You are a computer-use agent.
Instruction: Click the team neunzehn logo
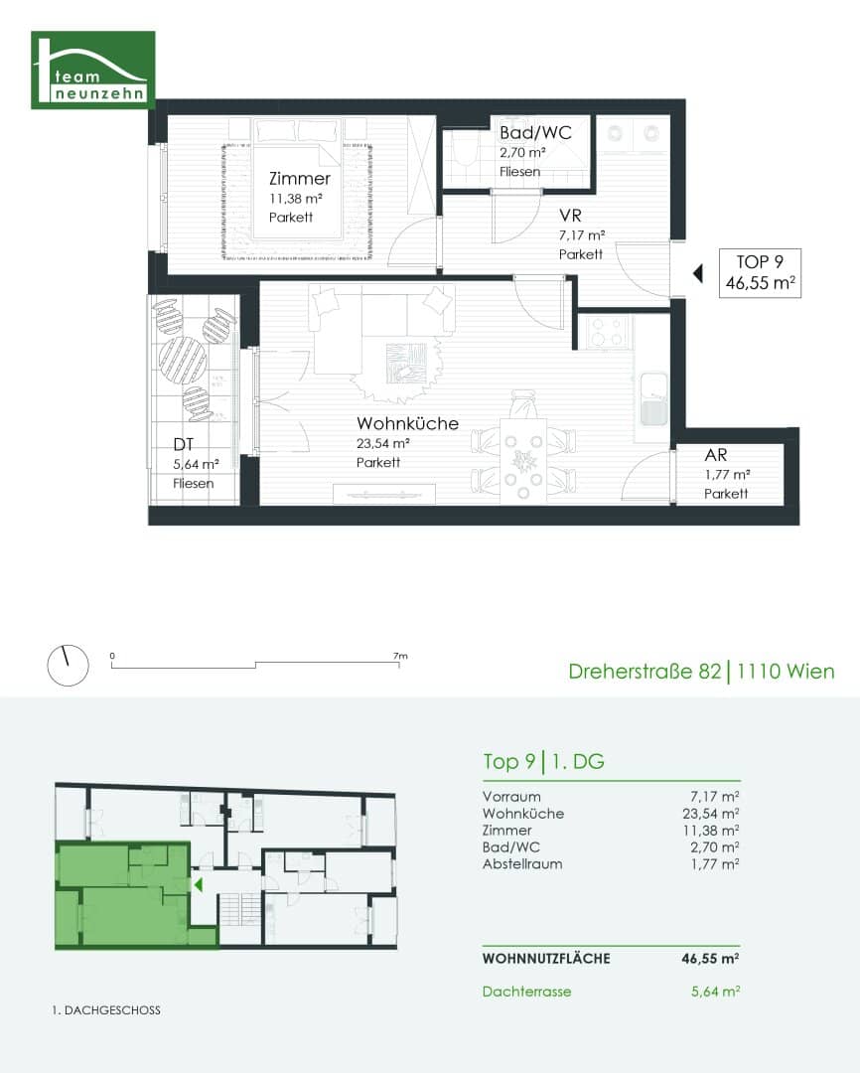93,70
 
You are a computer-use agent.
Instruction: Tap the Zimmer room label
300,179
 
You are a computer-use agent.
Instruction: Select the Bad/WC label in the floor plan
535,133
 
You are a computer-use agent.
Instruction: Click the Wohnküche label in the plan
408,423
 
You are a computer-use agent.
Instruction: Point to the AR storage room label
716,455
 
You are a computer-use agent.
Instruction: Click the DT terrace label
184,445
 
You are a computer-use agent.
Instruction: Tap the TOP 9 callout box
760,272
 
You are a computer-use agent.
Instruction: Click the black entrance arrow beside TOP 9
698,273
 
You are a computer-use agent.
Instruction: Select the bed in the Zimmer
297,179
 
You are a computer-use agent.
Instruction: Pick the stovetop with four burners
607,332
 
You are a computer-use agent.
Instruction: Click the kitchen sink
653,399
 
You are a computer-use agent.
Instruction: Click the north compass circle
68,665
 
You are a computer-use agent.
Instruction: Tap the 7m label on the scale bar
400,656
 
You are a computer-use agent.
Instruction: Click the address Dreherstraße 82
645,672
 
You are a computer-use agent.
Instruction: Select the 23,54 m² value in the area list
711,814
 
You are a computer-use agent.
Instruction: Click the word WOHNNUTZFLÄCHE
546,959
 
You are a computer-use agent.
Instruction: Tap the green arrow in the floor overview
199,885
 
